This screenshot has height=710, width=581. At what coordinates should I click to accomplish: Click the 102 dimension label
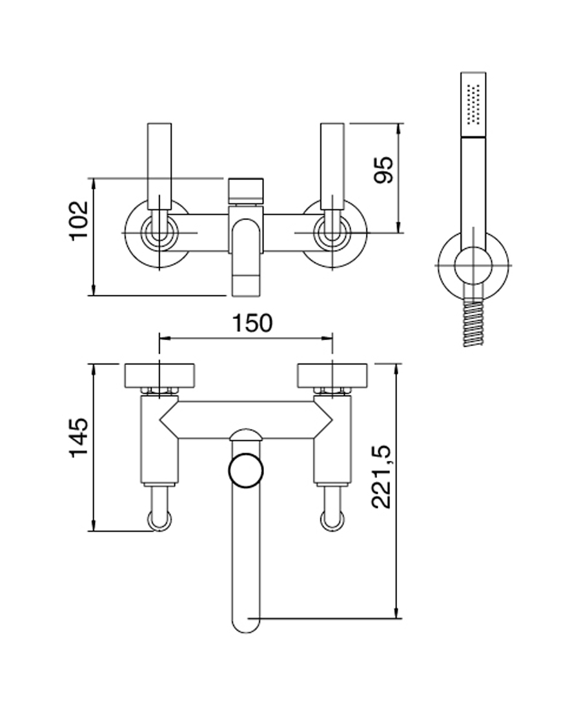[79, 220]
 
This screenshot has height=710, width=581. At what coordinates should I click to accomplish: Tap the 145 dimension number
[79, 438]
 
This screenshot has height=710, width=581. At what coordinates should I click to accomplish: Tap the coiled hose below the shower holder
[473, 322]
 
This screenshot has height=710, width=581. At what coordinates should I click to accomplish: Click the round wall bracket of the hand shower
[473, 265]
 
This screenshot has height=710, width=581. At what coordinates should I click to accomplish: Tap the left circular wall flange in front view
[159, 234]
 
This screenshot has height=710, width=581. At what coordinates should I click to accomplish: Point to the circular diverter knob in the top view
[246, 469]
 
